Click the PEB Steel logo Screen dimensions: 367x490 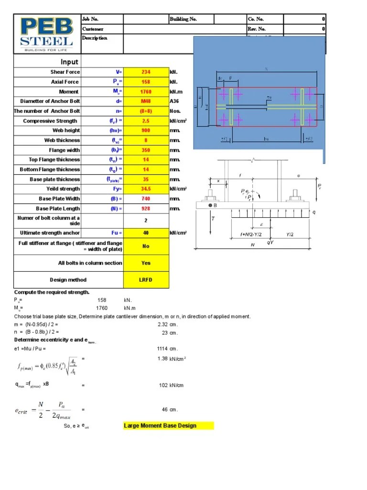[46, 34]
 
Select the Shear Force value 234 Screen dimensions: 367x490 [146, 72]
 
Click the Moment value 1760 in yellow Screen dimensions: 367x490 [146, 91]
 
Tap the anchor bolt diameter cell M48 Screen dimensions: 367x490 [146, 101]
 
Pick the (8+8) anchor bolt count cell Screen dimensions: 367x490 [146, 111]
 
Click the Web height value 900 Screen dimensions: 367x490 [146, 130]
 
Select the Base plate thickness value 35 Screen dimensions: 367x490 [146, 179]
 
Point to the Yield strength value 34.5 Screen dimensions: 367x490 [146, 189]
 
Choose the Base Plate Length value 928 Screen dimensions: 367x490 [146, 209]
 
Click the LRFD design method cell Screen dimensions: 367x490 [146, 280]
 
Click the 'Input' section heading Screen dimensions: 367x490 [69, 62]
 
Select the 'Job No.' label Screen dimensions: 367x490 [90, 19]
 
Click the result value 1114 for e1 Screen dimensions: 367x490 [163, 348]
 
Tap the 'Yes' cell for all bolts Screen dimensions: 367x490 [146, 263]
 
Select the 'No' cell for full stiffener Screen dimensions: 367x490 [146, 246]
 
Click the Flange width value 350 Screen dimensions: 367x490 [146, 150]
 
